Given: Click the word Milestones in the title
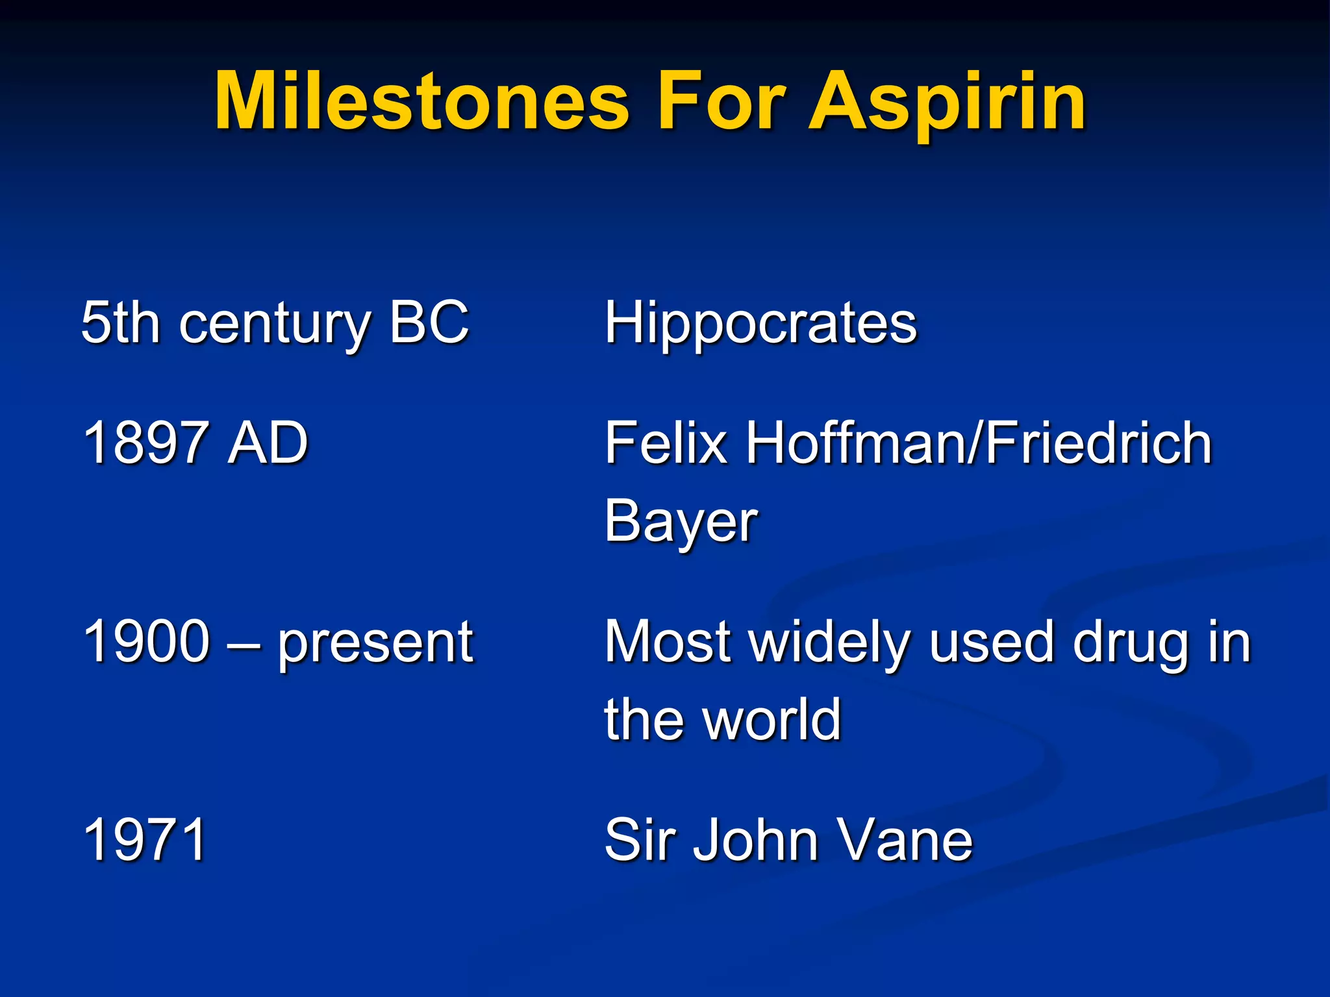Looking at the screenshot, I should [x=422, y=102].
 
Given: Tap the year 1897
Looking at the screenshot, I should [x=147, y=443].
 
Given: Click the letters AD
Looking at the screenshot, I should [x=268, y=443].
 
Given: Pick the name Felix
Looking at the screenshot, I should [x=666, y=443].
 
